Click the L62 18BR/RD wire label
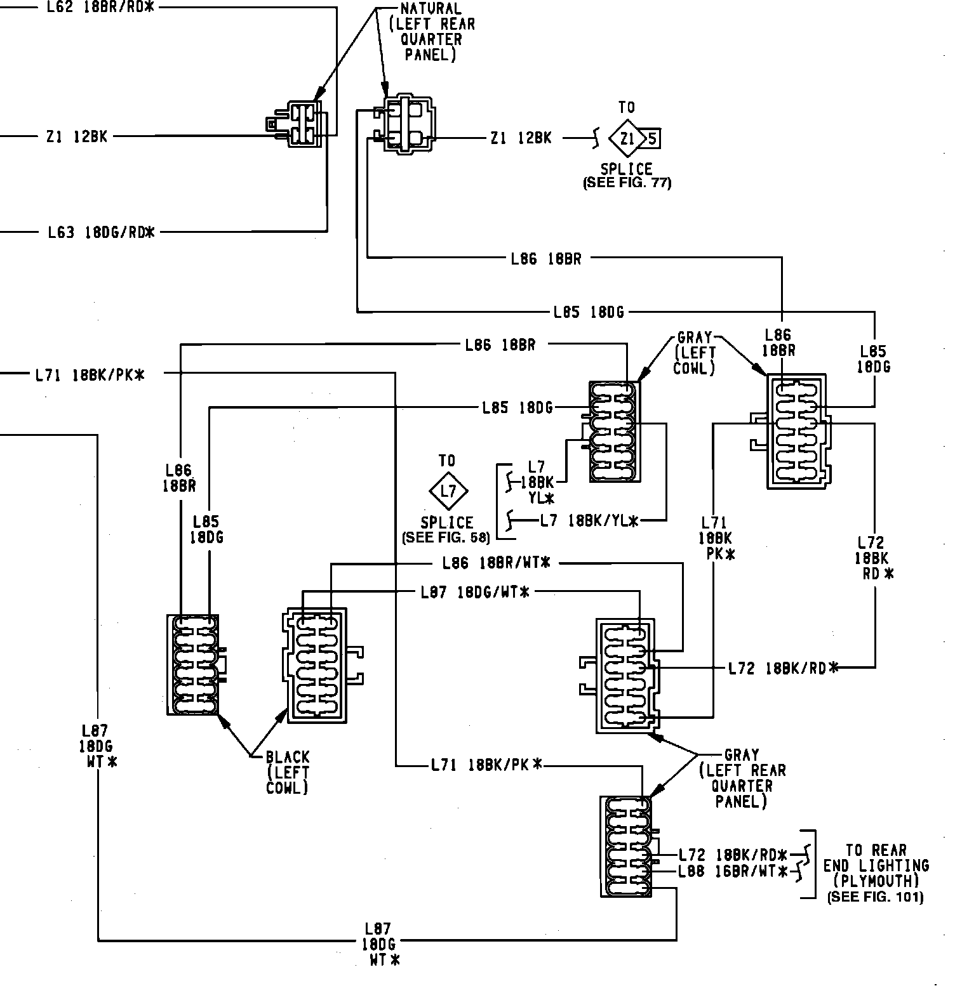click(x=100, y=8)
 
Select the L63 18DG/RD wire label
click(x=102, y=232)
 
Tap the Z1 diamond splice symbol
click(x=627, y=138)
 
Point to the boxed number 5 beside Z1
click(x=653, y=138)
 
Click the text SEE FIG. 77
click(x=627, y=183)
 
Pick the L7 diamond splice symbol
click(x=448, y=491)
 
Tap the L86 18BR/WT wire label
click(x=496, y=563)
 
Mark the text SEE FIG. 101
click(x=875, y=897)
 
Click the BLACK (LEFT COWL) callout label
click(x=288, y=772)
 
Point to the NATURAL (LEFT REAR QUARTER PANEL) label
click(x=431, y=32)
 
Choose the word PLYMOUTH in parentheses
click(x=876, y=881)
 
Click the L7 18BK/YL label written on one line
click(x=589, y=521)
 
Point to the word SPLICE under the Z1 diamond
click(x=627, y=169)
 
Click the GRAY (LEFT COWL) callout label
click(x=695, y=353)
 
